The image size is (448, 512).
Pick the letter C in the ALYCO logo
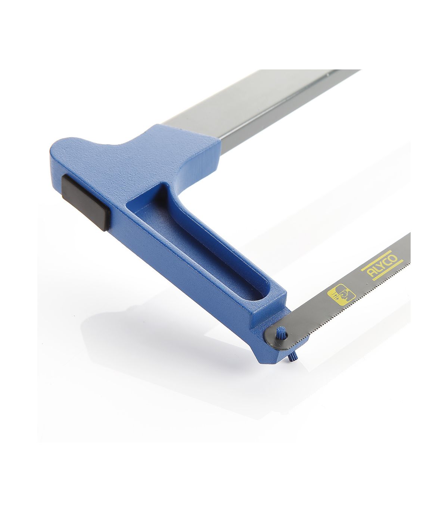click(388, 263)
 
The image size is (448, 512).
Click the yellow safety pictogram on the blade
click(341, 295)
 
